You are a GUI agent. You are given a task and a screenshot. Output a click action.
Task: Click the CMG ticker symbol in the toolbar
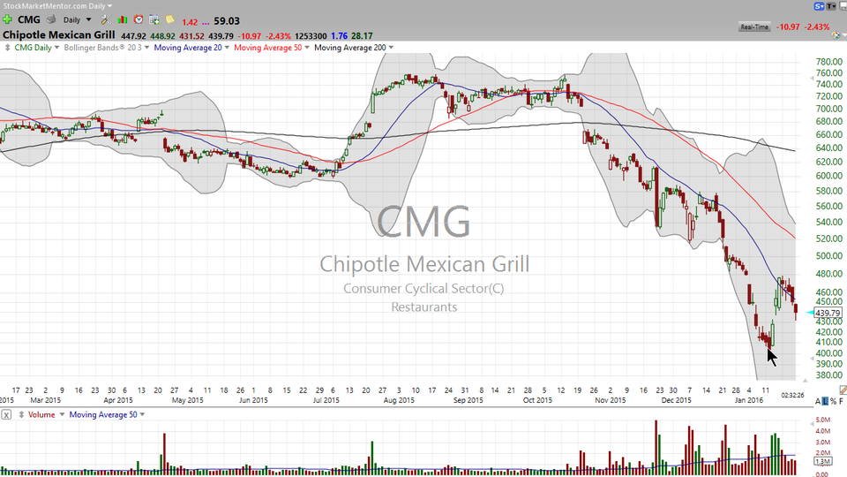[x=29, y=19]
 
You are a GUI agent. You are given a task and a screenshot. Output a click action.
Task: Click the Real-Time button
[x=755, y=27]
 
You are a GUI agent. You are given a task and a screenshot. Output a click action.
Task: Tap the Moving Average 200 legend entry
[x=350, y=48]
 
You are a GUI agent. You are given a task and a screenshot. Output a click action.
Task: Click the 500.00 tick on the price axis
[x=828, y=256]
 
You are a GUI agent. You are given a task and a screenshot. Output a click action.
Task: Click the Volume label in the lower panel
[x=41, y=414]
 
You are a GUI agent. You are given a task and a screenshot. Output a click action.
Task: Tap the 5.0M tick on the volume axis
[x=822, y=420]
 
